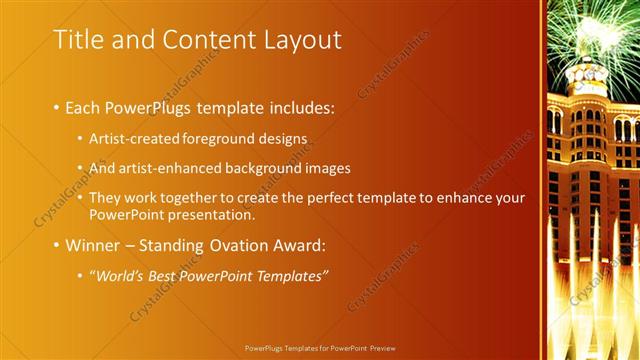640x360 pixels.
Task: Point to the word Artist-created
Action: tap(128, 137)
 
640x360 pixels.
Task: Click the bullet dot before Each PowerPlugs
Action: tap(56, 107)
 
